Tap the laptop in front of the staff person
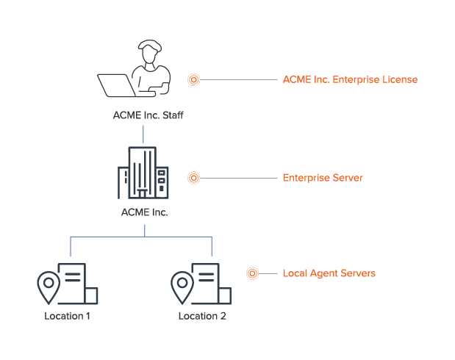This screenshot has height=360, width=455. coord(117,85)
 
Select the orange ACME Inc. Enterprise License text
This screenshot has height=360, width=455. coord(350,79)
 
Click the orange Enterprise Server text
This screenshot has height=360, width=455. coord(323,178)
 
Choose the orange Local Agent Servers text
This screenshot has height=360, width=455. coord(329,273)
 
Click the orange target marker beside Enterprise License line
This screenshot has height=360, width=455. coord(194,79)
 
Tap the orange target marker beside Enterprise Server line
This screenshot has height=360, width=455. coord(194,178)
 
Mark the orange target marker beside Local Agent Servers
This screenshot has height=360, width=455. coord(252,273)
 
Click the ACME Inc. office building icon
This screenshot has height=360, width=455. coord(143,173)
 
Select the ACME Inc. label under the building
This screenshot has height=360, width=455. coord(144,213)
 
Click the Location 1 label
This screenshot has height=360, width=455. coord(68,317)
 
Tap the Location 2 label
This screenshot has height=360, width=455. coord(202,317)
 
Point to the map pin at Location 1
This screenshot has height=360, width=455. coord(49,287)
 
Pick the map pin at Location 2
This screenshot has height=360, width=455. coord(182,287)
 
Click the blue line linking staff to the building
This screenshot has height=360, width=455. coord(144,134)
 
